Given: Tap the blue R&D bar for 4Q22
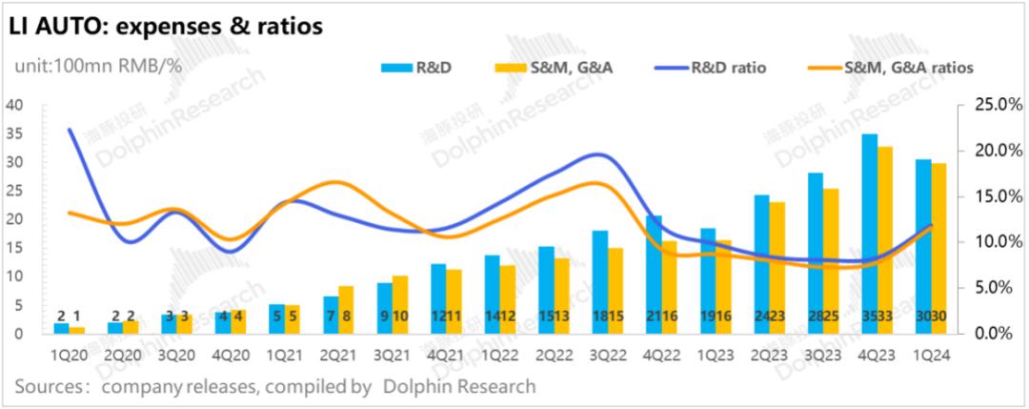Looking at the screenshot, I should pyautogui.click(x=653, y=272).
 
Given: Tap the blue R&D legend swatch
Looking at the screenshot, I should pyautogui.click(x=394, y=68).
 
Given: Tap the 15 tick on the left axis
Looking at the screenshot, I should pyautogui.click(x=14, y=247).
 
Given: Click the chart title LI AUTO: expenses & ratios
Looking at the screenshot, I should pyautogui.click(x=166, y=27).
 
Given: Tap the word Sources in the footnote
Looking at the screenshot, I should pyautogui.click(x=50, y=386).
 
